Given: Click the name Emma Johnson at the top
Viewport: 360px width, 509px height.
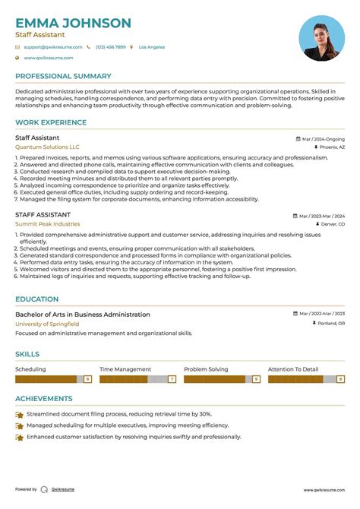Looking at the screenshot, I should pos(73,23).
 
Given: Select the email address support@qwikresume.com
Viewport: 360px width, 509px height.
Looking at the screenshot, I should pos(49,47).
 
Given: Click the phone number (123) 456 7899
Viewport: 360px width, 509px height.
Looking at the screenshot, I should pos(111,47).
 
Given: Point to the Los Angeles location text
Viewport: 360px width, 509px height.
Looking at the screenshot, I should pos(152,47).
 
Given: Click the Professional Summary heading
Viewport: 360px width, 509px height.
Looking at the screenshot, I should pos(63,76).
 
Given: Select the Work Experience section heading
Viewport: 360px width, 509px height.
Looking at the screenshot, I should pos(51,122).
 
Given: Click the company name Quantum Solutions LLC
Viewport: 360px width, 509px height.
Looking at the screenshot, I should pos(47,147).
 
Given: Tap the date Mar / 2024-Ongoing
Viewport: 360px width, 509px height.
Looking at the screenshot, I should pos(322,139).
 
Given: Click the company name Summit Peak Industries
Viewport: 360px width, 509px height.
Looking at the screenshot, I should pos(47,224).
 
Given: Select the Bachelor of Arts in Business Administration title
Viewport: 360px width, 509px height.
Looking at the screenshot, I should pos(83,314).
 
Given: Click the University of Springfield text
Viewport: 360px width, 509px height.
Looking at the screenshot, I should pos(49,324).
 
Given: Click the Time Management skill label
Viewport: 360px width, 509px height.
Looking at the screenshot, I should pos(125,369).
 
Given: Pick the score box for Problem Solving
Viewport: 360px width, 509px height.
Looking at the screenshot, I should pos(256,378).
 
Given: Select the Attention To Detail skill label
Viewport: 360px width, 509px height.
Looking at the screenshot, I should pos(293,369).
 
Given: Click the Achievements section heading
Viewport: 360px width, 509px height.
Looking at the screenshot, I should pos(44,398).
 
